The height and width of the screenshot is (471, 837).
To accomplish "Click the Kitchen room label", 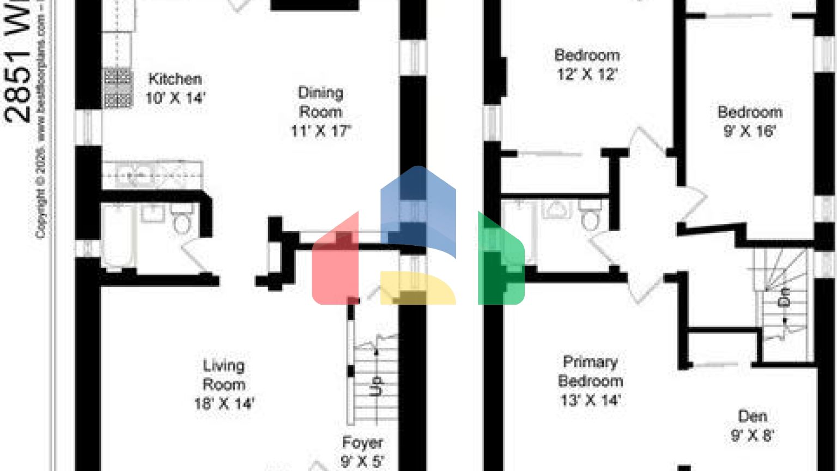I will point(175,79).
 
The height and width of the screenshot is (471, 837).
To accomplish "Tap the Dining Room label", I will point(320,102).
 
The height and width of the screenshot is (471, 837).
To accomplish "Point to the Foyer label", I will point(362,442).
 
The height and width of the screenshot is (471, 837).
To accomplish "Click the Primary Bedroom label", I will point(590,371).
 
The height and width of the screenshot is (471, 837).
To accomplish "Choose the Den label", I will point(753,416).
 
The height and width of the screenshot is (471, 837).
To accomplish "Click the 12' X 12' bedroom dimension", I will point(587,74).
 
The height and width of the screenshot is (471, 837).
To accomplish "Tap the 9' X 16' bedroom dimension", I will point(749,131).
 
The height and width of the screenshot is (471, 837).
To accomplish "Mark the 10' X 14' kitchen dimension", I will point(175,98).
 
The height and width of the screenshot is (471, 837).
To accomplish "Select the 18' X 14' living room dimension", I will point(224,404).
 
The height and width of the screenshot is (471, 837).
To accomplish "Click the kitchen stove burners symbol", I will point(118,87).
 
